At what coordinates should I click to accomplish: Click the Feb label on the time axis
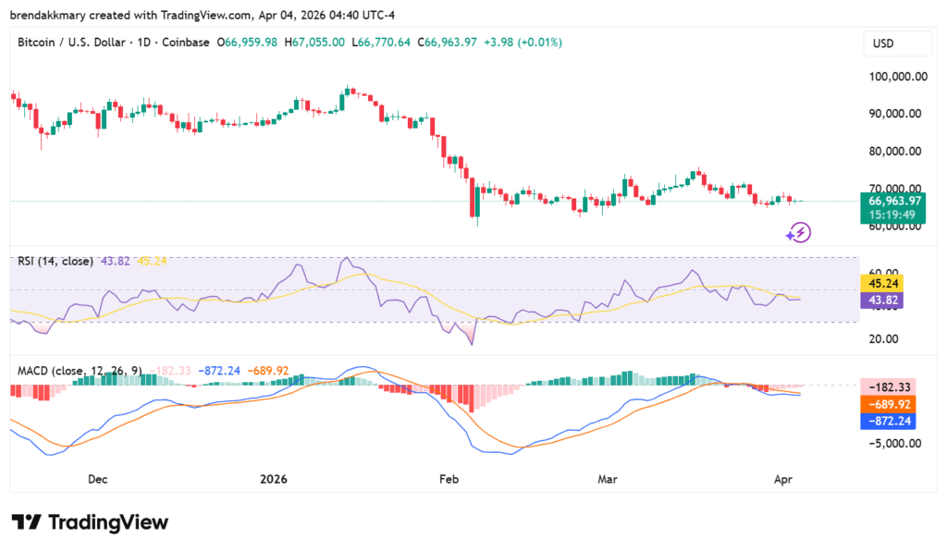click(449, 479)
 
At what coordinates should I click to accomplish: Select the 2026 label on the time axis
click(274, 479)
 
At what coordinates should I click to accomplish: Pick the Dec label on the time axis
click(97, 479)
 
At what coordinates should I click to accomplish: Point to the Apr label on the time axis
click(781, 479)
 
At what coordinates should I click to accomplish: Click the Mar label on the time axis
click(608, 479)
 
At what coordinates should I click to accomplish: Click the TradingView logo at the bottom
click(90, 522)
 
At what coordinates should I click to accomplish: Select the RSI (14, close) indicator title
click(55, 262)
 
